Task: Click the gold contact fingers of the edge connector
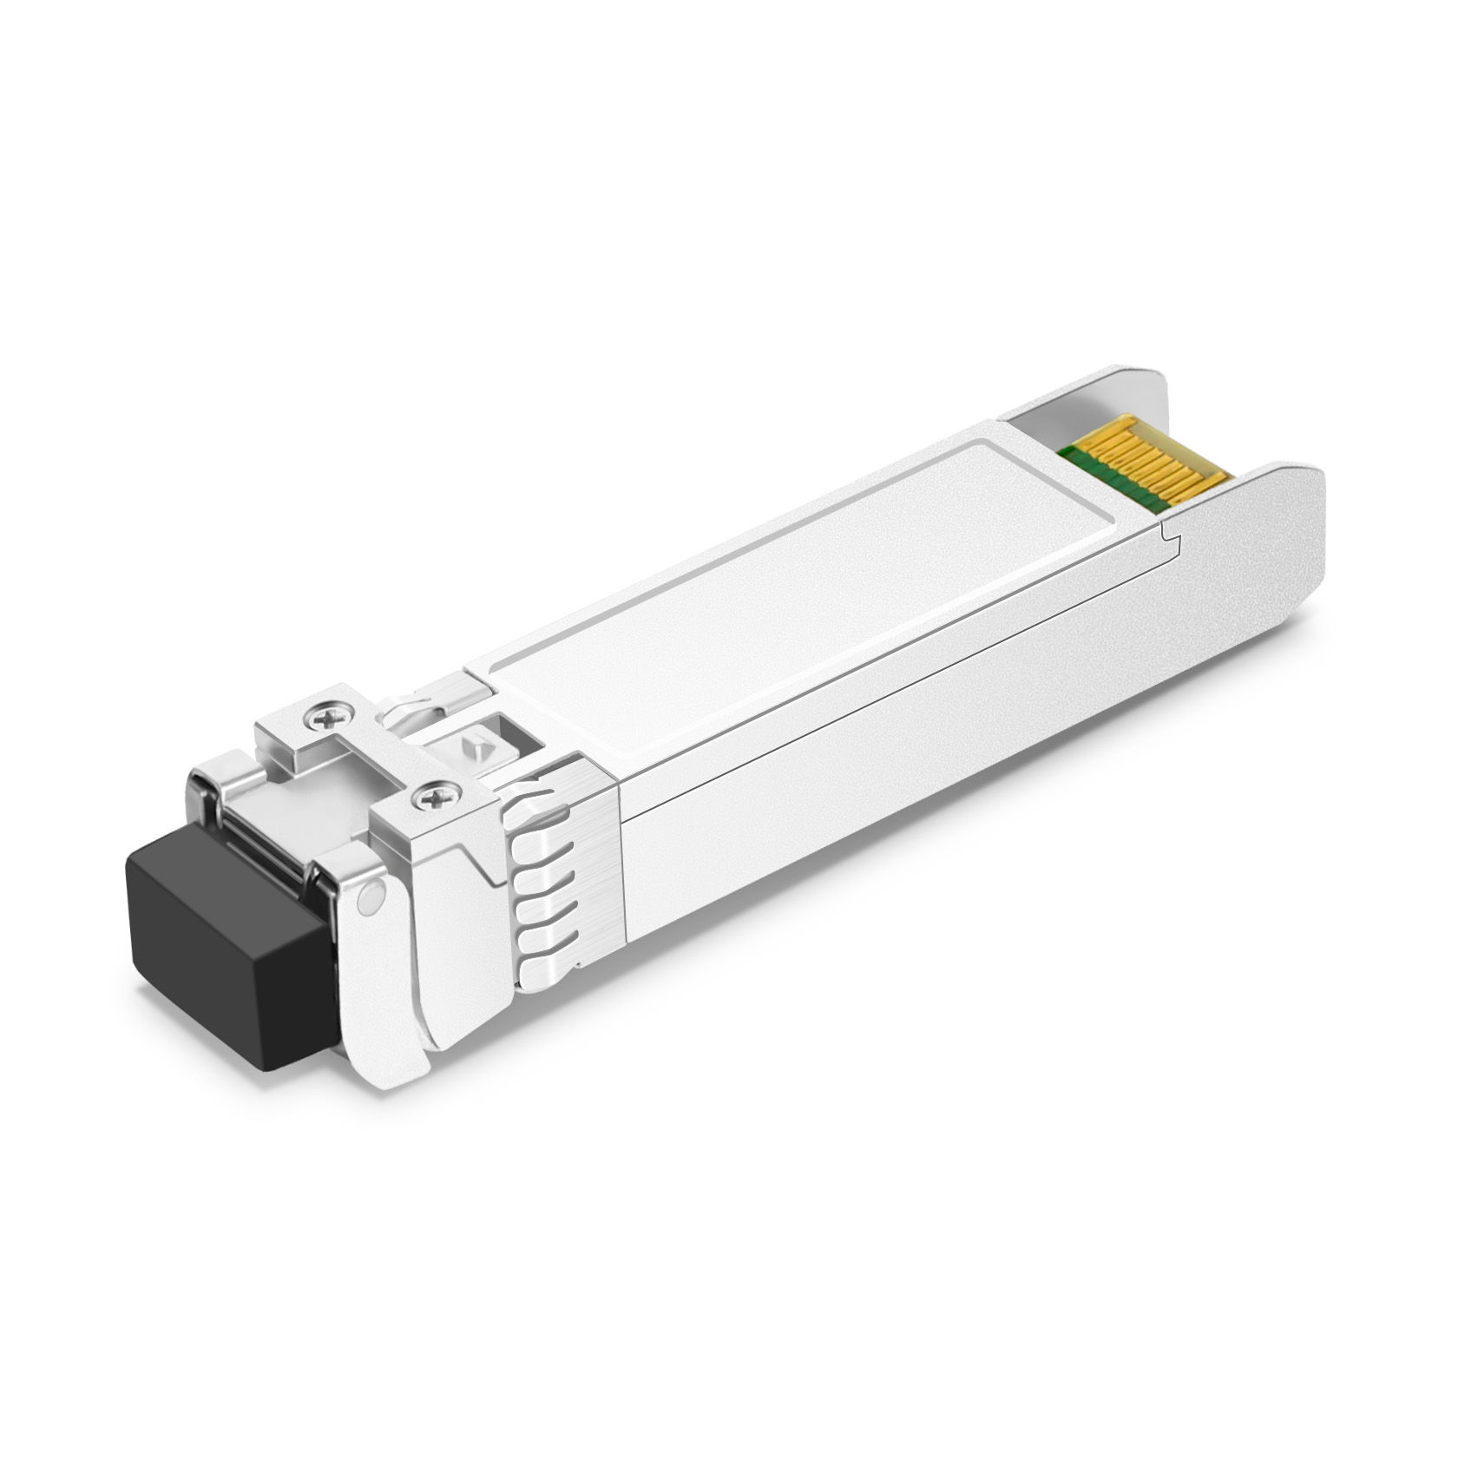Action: coord(1154,469)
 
